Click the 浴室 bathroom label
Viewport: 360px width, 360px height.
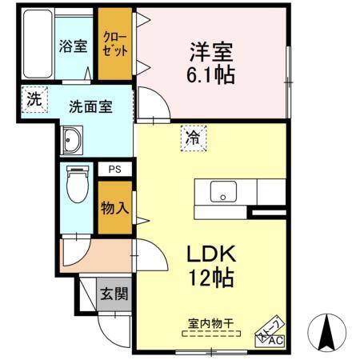pos(73,46)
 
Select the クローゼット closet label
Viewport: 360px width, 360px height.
pos(114,42)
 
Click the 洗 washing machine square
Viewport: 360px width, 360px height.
pos(33,99)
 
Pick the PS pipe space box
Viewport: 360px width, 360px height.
pos(114,170)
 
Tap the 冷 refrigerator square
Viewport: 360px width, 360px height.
pos(194,137)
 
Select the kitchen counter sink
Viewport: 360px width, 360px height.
pos(223,192)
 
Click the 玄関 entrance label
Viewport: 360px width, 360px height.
pos(114,294)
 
